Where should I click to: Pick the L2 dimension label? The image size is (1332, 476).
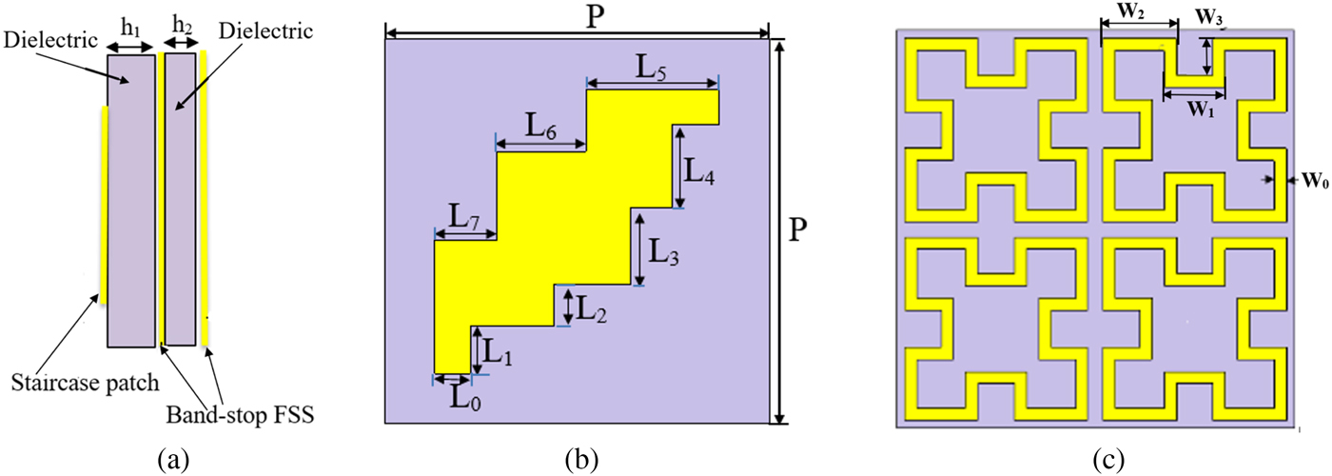(592, 307)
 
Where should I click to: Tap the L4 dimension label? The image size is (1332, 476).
(705, 171)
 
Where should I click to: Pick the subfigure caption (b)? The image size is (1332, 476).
(581, 459)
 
